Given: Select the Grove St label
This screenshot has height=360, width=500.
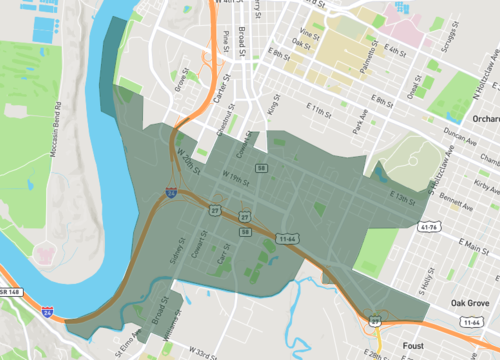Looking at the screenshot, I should point(182,79).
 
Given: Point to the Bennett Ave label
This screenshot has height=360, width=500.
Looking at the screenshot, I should point(456,206).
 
